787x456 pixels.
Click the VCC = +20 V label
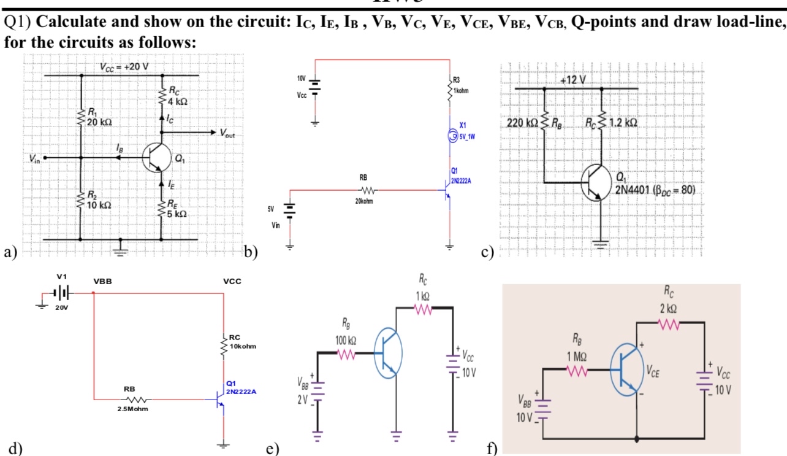(124, 66)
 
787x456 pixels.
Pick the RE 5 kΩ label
(179, 211)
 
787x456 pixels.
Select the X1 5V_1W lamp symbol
(452, 135)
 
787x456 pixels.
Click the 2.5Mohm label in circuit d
(129, 409)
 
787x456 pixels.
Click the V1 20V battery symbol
(64, 293)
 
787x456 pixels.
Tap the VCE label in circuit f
(655, 369)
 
